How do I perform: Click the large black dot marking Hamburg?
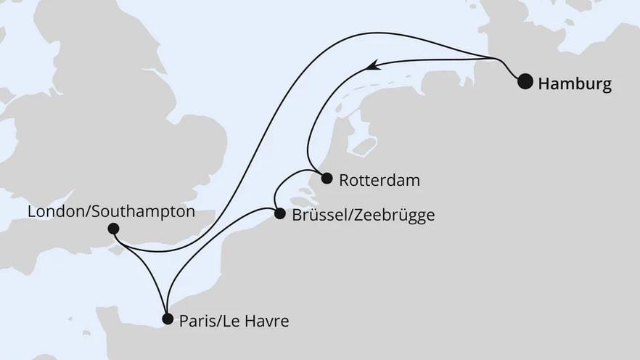pyautogui.click(x=525, y=82)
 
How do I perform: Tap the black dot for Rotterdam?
pyautogui.click(x=327, y=178)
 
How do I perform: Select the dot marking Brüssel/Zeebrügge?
pyautogui.click(x=280, y=213)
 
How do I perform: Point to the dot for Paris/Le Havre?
pyautogui.click(x=168, y=319)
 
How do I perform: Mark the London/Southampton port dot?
pyautogui.click(x=113, y=229)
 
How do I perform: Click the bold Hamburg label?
pyautogui.click(x=575, y=84)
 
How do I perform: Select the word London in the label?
pyautogui.click(x=54, y=212)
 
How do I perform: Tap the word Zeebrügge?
pyautogui.click(x=395, y=215)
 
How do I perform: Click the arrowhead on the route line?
pyautogui.click(x=372, y=66)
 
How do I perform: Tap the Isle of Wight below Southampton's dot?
pyautogui.click(x=116, y=250)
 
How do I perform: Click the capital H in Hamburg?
pyautogui.click(x=543, y=84)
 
